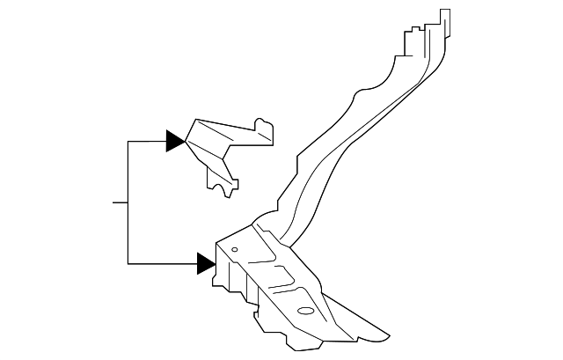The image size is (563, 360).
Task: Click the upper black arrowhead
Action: pyautogui.click(x=174, y=141)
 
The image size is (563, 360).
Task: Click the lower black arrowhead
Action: pyautogui.click(x=206, y=263)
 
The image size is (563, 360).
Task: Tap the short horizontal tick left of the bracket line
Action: pyautogui.click(x=121, y=202)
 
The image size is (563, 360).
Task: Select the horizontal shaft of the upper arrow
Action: pyautogui.click(x=147, y=141)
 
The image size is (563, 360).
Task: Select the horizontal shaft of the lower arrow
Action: pyautogui.click(x=163, y=263)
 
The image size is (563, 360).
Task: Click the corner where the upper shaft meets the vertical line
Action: pyautogui.click(x=128, y=141)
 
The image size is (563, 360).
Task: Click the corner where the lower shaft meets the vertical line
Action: pyautogui.click(x=128, y=263)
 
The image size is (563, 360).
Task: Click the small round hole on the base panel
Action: pyautogui.click(x=235, y=250)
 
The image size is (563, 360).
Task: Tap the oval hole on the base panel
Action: pyautogui.click(x=306, y=310)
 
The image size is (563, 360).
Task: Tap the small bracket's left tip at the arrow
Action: pyautogui.click(x=186, y=141)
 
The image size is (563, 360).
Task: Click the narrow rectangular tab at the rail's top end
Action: pyautogui.click(x=445, y=18)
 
